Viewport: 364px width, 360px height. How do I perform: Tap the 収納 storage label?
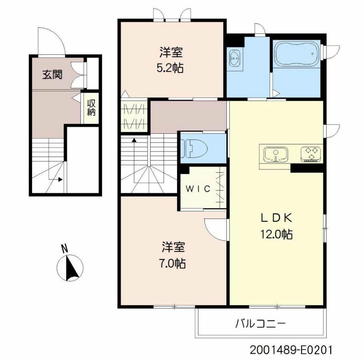(x=92, y=108)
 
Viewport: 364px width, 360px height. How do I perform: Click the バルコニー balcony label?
(x=261, y=324)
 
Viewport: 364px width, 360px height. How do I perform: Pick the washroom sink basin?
(x=235, y=58)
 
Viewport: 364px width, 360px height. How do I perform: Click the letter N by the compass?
(x=64, y=248)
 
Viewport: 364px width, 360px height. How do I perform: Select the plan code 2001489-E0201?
(x=291, y=350)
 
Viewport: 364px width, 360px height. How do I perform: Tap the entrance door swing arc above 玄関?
(x=52, y=42)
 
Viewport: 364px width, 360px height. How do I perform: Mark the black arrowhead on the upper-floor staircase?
(x=134, y=140)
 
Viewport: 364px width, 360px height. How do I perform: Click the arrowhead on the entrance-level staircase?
(x=60, y=179)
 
